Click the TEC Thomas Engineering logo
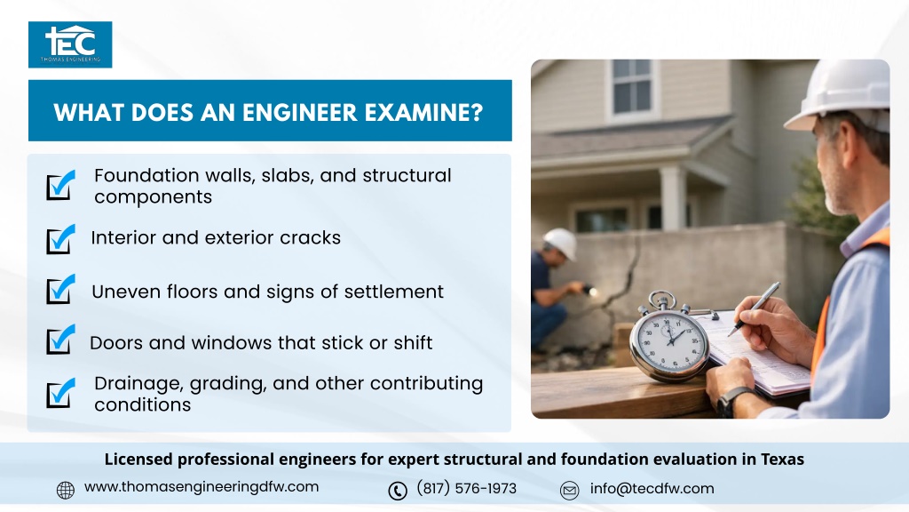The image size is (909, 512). coord(70,44)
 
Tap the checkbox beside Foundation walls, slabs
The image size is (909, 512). coord(61,185)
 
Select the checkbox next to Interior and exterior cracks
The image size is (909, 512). coord(61,239)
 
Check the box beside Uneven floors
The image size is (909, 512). coord(61,290)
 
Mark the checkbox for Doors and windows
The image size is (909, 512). coord(61,340)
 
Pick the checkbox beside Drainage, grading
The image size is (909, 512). coord(61,393)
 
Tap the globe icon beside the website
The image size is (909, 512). coord(66,490)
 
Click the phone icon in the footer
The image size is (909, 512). coord(398,491)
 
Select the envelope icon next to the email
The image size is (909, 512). coord(569,491)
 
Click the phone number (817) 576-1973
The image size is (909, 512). coord(466,488)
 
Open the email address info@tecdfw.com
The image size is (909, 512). coord(652,489)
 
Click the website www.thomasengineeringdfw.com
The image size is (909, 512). coord(202,487)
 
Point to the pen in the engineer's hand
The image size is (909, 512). coord(754,308)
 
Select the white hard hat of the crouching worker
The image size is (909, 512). coord(560,242)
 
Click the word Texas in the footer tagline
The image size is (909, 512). coord(782,460)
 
